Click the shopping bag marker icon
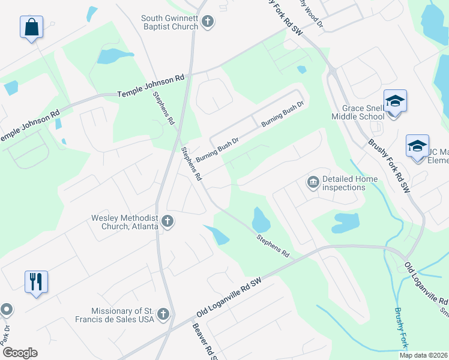pos(31,28)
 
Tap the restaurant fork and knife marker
pos(35,281)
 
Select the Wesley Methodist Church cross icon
pos(167,221)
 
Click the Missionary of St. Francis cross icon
pos(163,314)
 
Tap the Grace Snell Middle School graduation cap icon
pos(396,101)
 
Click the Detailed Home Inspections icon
pos(313,182)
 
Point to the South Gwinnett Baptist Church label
pos(170,23)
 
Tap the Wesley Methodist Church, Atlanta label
pos(125,222)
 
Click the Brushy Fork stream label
pos(400,328)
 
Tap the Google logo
pos(20,353)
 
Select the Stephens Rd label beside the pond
pos(273,247)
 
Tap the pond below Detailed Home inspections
pos(345,222)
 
